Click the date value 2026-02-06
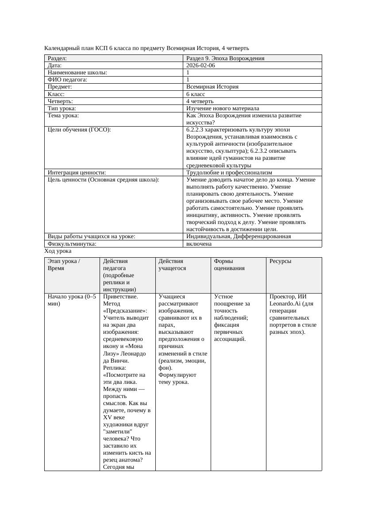click(x=200, y=66)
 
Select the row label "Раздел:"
click(x=57, y=58)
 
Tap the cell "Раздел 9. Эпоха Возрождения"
click(x=225, y=58)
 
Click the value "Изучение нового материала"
click(x=223, y=108)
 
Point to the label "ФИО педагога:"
click(x=67, y=80)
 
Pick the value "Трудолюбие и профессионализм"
click(x=229, y=173)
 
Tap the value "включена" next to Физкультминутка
click(x=199, y=244)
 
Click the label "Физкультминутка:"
click(x=72, y=244)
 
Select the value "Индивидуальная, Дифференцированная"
click(x=239, y=236)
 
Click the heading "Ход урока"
click(x=58, y=251)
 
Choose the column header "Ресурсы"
click(x=280, y=261)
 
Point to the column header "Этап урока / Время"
click(x=64, y=265)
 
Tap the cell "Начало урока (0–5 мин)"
click(x=71, y=300)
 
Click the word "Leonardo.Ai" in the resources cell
click(x=285, y=304)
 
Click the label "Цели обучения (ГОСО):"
click(x=79, y=130)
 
